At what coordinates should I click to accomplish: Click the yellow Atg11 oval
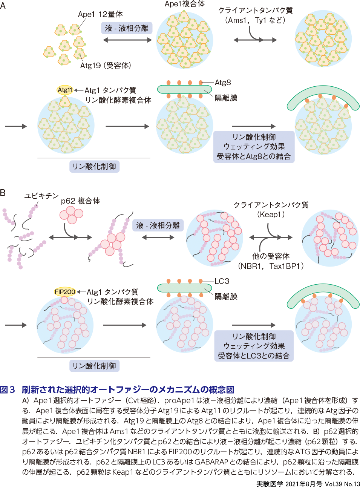tap(64, 90)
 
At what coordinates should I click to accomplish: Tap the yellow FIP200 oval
tap(64, 292)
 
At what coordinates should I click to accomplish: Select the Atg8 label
tap(222, 83)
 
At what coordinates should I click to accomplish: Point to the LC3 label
tap(222, 281)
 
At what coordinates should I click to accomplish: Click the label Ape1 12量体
tap(100, 14)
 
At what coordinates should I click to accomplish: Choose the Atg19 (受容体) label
tap(106, 66)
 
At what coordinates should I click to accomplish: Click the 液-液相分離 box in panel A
tap(127, 28)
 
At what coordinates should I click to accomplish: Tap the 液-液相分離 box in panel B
tap(158, 225)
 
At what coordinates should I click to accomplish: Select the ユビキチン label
tap(41, 196)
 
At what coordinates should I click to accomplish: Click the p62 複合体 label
tap(80, 201)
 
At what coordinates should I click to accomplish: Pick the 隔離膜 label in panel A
tap(226, 98)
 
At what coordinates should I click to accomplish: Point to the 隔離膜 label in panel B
tap(226, 297)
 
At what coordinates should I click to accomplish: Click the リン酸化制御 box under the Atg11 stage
tap(94, 167)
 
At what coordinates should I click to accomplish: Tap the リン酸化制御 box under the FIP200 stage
tap(94, 366)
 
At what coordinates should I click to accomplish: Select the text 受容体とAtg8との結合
tap(254, 156)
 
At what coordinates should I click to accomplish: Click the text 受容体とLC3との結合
tap(254, 356)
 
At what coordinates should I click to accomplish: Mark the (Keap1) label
tap(271, 215)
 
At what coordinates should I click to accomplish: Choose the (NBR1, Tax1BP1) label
tap(271, 266)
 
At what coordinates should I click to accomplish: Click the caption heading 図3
tap(8, 390)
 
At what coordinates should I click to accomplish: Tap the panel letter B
tap(3, 193)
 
